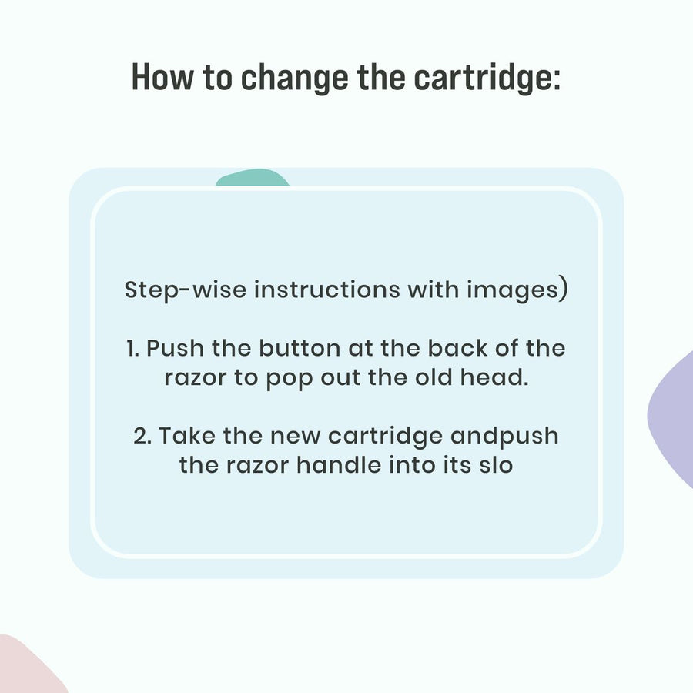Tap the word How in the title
point(162,77)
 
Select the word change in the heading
point(294,79)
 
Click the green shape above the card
point(253,177)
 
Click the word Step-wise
point(185,290)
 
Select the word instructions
point(327,290)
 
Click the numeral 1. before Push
point(132,348)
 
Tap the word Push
point(175,348)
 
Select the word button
point(300,348)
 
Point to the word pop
point(290,379)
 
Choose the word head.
point(494,377)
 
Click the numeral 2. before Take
point(142,436)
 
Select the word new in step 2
point(295,437)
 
